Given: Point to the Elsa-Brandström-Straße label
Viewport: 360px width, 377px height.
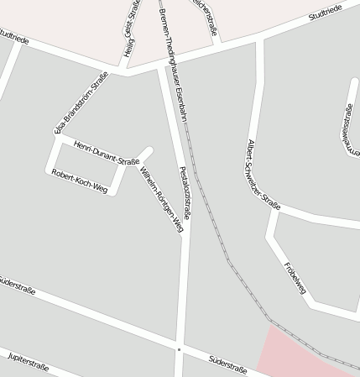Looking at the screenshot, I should click(81, 102).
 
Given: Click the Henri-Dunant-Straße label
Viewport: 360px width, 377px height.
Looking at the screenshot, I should click(106, 154).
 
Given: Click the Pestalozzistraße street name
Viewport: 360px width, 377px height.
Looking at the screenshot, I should click(185, 192).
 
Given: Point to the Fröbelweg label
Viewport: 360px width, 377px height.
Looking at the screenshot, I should click(295, 278).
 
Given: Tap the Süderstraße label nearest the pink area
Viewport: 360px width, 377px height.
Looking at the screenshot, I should click(227, 363).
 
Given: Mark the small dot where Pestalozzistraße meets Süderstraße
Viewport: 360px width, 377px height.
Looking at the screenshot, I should click(179, 348).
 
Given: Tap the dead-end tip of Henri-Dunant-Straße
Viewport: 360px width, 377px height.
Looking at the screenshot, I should click(149, 151).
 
